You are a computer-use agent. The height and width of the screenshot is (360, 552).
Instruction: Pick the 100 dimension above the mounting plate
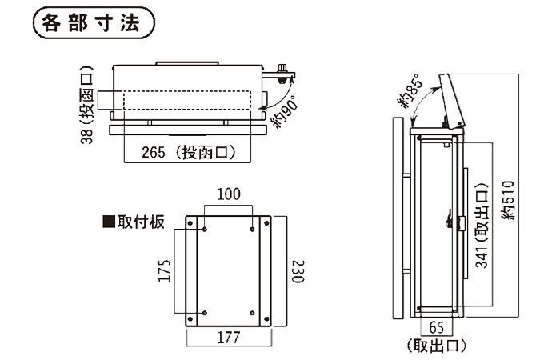(x=229, y=194)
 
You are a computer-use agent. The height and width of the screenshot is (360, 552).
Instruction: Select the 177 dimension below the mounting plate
(x=229, y=337)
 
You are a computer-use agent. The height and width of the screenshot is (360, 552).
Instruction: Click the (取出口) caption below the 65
(x=437, y=346)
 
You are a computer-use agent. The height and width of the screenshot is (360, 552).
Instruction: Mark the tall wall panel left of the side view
(x=398, y=216)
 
